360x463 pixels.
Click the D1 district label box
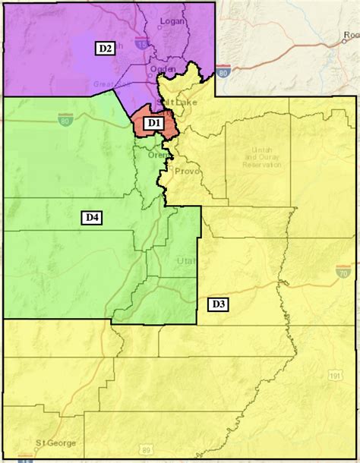coord(153,121)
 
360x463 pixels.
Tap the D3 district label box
coord(217,304)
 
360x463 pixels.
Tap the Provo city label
coord(187,172)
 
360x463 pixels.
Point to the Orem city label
coord(157,155)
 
